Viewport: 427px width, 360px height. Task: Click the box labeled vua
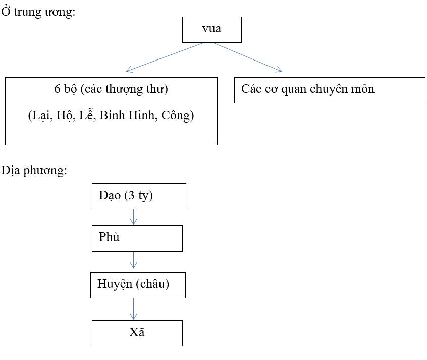(211, 29)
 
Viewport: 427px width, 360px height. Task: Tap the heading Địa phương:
(34, 170)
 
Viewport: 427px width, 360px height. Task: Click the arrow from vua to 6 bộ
(165, 56)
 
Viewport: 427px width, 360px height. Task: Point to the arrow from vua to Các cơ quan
(247, 56)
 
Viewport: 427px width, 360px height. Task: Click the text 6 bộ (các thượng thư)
(111, 89)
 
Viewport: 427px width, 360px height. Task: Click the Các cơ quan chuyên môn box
(329, 90)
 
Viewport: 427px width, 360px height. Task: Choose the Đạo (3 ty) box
(139, 196)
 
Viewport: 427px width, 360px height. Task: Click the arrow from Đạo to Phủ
(134, 217)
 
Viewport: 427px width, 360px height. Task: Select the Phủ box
(137, 238)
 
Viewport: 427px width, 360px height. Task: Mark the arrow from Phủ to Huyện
(134, 260)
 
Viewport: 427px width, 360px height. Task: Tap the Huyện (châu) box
(138, 285)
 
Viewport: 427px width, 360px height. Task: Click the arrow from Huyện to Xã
(134, 309)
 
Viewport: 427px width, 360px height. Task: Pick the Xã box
(137, 333)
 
